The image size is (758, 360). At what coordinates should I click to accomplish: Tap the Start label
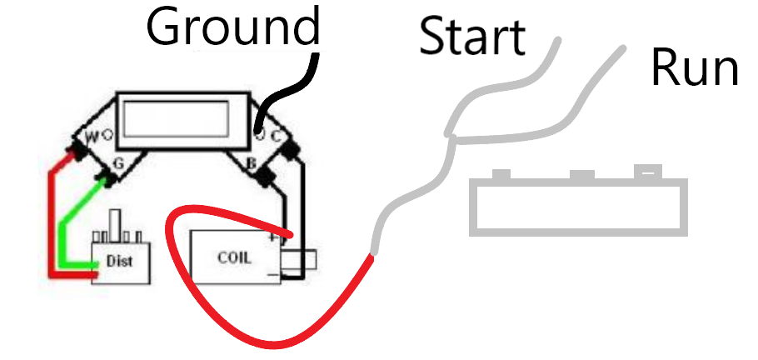click(472, 37)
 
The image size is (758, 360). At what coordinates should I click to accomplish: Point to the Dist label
click(119, 262)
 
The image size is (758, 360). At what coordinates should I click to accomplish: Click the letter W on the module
click(91, 136)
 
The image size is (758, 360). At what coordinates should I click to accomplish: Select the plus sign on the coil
click(272, 238)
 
